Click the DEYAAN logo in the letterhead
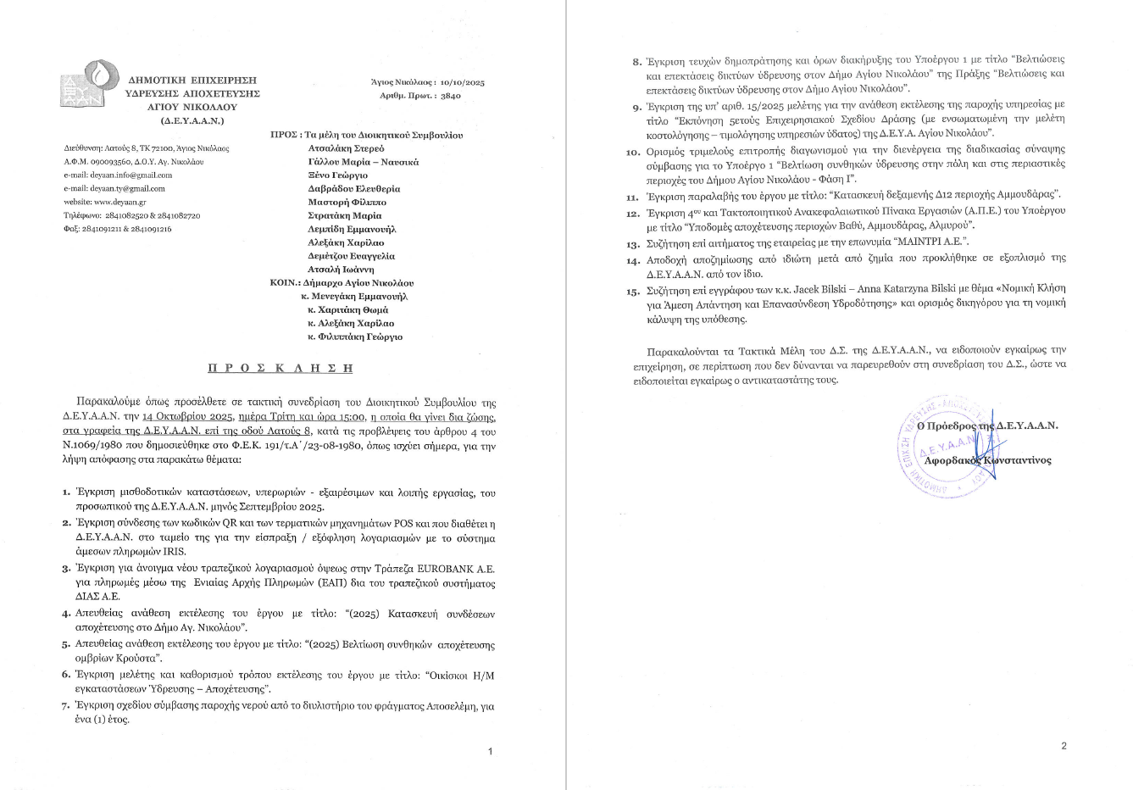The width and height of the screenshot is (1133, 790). [x=86, y=82]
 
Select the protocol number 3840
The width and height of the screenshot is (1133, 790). [x=451, y=97]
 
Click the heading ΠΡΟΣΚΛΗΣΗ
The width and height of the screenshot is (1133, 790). [x=280, y=368]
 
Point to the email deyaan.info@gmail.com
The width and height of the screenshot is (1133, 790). [x=118, y=175]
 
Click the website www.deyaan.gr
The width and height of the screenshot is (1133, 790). [x=104, y=202]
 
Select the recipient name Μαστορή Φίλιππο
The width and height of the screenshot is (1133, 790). [x=347, y=202]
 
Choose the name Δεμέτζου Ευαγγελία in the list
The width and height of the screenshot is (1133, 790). [x=351, y=255]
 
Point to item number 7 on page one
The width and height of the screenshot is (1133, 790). [x=65, y=706]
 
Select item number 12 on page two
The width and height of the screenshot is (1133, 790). [x=632, y=214]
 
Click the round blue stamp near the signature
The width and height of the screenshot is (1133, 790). [x=942, y=443]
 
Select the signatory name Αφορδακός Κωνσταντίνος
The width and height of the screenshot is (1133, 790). [x=987, y=459]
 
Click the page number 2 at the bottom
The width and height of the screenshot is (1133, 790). [x=1064, y=746]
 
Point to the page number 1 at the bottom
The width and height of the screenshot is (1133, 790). [x=490, y=751]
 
